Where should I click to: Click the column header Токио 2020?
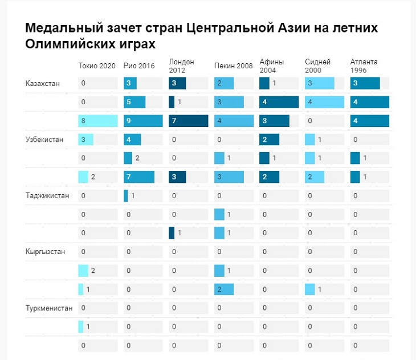[x=97, y=66]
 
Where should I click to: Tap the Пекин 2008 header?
[x=234, y=66]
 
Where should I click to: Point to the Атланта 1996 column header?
[x=364, y=66]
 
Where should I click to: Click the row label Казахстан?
[x=43, y=84]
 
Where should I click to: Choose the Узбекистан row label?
[x=44, y=140]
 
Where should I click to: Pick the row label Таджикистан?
[x=47, y=195]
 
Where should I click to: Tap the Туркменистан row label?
[x=50, y=308]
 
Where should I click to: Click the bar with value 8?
[x=98, y=121]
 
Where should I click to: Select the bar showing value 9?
[x=143, y=121]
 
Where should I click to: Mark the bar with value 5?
[x=134, y=103]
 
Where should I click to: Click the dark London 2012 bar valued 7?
[x=189, y=121]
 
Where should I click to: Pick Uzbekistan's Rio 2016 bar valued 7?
[x=139, y=177]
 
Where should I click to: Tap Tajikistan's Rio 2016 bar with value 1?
[x=126, y=195]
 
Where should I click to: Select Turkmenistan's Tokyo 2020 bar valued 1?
[x=81, y=326]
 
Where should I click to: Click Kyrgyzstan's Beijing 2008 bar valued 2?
[x=224, y=289]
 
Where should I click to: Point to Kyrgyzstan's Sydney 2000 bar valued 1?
[x=310, y=289]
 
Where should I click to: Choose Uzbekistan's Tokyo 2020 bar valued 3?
[x=85, y=140]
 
